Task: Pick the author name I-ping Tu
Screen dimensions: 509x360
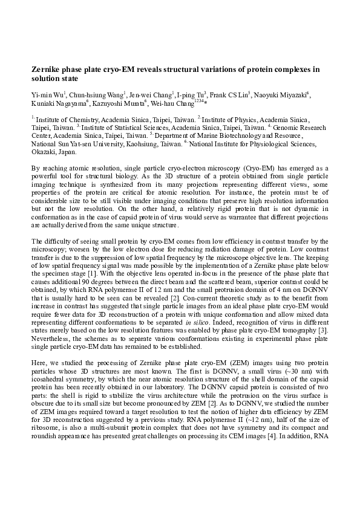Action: click(x=192, y=94)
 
